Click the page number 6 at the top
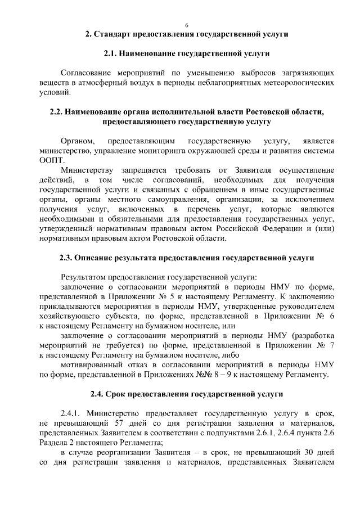186,25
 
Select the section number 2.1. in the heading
114,53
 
